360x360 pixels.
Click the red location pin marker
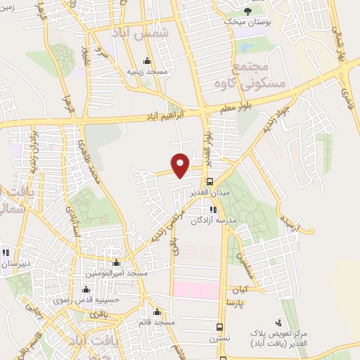pyautogui.click(x=181, y=165)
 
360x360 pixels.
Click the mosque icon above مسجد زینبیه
pyautogui.click(x=146, y=60)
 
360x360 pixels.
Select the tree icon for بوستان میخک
pyautogui.click(x=247, y=11)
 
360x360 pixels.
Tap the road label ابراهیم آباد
pyautogui.click(x=174, y=114)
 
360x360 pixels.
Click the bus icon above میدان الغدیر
pyautogui.click(x=210, y=181)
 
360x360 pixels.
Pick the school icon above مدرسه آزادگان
pyautogui.click(x=212, y=210)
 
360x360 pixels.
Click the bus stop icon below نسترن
pyautogui.click(x=220, y=327)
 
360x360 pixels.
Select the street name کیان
pyautogui.click(x=233, y=289)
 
